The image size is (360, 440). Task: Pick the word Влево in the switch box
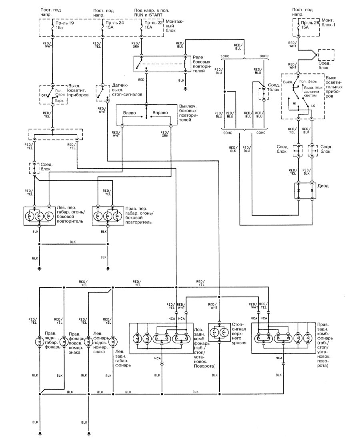130,113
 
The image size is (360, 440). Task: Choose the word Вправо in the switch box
160,113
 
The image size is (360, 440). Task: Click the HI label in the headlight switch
294,103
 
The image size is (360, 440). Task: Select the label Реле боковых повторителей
202,64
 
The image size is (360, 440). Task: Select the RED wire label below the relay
141,80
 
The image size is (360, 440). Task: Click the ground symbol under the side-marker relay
185,87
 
